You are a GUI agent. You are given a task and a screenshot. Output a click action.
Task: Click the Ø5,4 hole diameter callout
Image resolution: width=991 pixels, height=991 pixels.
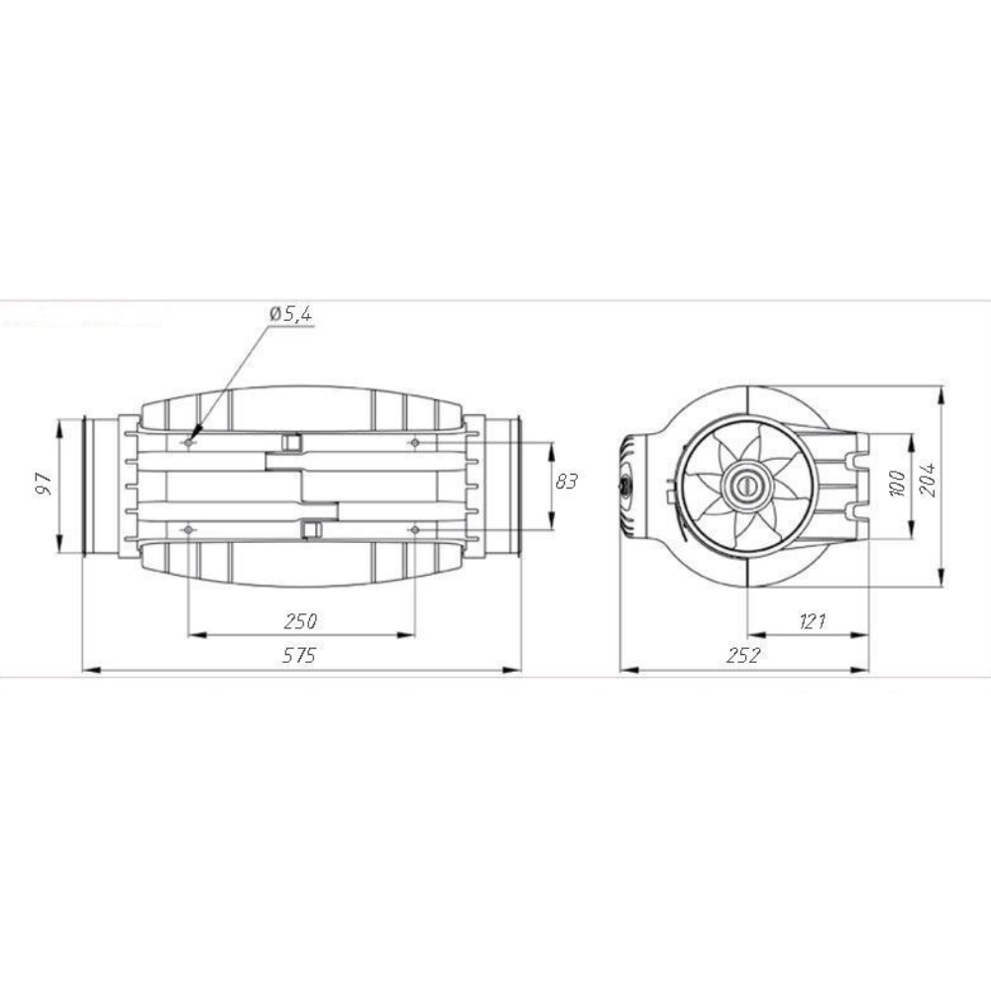290,315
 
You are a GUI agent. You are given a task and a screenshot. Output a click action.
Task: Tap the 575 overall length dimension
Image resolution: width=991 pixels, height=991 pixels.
299,655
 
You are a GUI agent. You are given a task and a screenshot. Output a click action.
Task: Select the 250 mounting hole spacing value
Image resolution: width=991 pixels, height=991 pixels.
300,621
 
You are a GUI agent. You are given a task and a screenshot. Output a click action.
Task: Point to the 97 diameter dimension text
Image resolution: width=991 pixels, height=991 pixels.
45,483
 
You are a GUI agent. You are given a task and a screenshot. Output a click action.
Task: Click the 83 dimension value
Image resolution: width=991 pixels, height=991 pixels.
566,482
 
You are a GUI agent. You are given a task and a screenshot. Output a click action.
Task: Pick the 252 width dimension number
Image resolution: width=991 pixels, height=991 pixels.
743,655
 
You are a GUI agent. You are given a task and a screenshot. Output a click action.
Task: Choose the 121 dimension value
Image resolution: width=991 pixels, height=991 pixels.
813,622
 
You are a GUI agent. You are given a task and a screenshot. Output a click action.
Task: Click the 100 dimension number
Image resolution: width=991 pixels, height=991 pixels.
897,484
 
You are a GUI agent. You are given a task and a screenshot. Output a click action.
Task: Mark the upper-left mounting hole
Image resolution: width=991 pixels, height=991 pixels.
188,443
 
